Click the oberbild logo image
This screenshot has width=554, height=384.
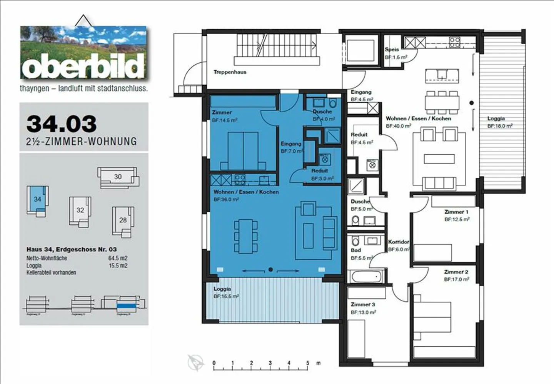[83, 53]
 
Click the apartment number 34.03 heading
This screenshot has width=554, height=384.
[62, 124]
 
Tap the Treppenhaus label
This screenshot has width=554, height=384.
[230, 72]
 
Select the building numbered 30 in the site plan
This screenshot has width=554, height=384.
[118, 177]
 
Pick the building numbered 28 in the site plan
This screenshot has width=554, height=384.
[123, 220]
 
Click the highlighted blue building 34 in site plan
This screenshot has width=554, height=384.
[37, 199]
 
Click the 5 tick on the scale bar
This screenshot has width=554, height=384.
[307, 363]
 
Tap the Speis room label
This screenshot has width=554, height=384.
[392, 49]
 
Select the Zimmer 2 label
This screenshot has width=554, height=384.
[456, 272]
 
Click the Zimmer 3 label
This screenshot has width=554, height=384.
[362, 304]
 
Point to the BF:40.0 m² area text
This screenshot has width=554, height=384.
[398, 126]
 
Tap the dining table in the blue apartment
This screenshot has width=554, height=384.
[245, 236]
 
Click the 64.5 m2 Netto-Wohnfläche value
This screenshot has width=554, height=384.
[118, 258]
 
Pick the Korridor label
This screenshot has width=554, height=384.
[398, 242]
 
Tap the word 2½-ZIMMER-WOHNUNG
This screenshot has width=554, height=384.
[82, 142]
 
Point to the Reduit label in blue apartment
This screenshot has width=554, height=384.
[319, 170]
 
